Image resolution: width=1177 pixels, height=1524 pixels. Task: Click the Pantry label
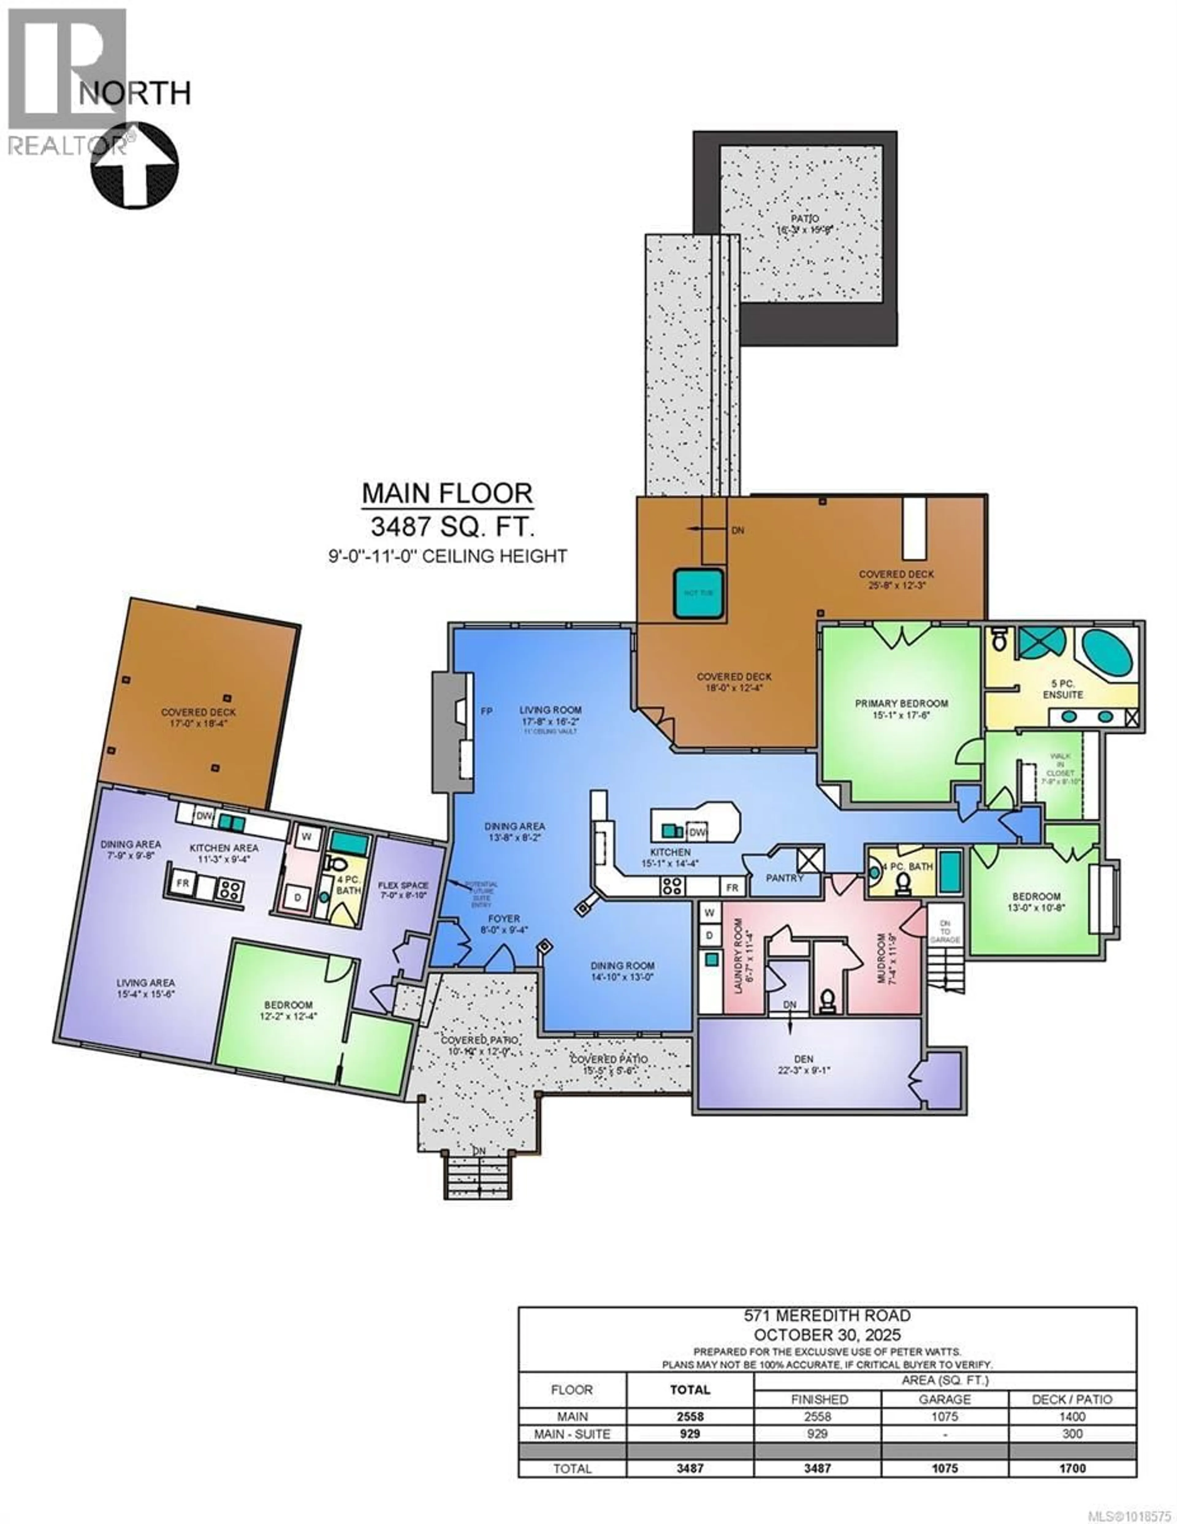tap(785, 878)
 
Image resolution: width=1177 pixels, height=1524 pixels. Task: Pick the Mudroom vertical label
tap(884, 958)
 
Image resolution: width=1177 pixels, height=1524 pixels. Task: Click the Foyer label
tap(504, 919)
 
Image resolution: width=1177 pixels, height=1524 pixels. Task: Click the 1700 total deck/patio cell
tap(1072, 1468)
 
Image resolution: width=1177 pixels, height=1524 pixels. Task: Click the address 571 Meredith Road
tap(827, 1315)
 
